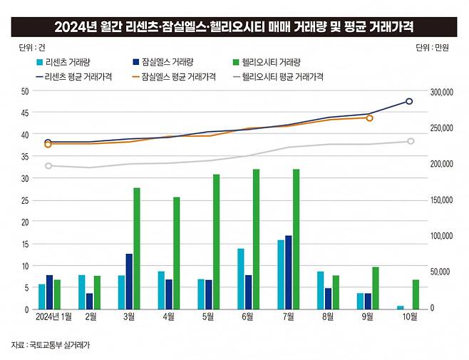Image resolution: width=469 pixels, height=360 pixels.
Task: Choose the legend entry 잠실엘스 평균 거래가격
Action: point(174,76)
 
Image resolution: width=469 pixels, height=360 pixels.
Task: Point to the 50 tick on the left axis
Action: point(25,91)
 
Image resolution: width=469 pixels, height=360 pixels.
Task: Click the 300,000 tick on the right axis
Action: point(442,91)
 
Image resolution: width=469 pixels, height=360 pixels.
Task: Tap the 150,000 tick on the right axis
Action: point(442,200)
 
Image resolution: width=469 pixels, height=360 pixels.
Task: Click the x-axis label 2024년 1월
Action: point(53,317)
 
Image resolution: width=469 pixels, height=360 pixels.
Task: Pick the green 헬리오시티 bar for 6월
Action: point(255,239)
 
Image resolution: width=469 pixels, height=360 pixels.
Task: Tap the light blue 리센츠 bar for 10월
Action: point(400,307)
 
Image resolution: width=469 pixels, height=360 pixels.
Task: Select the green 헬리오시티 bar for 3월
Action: point(136,248)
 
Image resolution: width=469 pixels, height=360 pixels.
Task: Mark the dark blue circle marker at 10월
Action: point(409,101)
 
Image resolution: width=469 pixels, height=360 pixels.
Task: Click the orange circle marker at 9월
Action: point(369,118)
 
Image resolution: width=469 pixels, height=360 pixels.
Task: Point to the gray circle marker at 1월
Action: point(48,166)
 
